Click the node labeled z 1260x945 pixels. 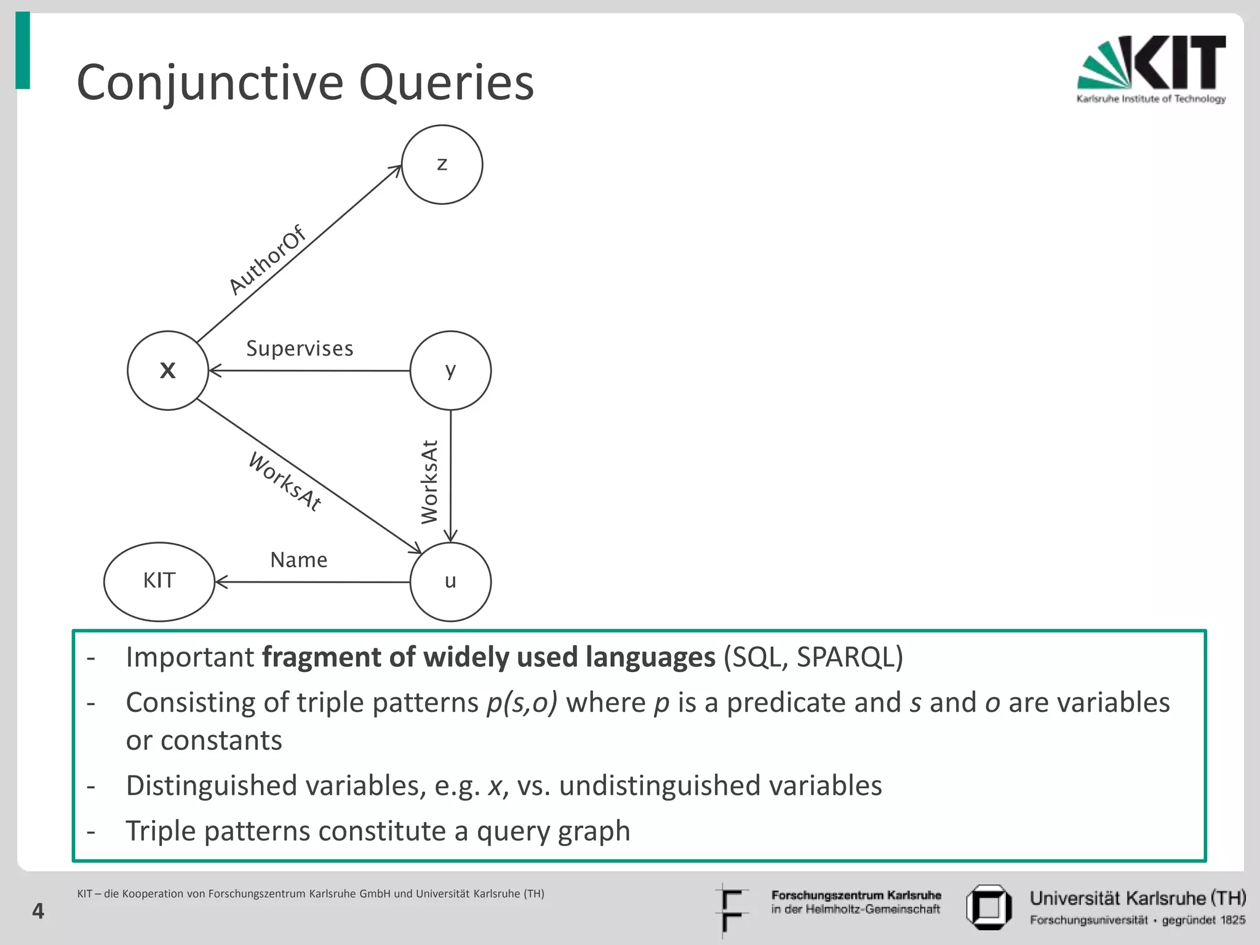pyautogui.click(x=442, y=164)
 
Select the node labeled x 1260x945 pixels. pyautogui.click(x=167, y=370)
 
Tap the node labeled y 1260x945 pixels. pyautogui.click(x=450, y=370)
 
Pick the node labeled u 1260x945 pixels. pyautogui.click(x=450, y=581)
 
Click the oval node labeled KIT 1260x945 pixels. pyautogui.click(x=159, y=581)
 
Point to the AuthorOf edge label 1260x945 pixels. pyautogui.click(x=267, y=260)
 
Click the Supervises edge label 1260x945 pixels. pyautogui.click(x=300, y=349)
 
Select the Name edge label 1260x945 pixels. pyautogui.click(x=298, y=560)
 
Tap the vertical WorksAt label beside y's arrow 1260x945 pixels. pyautogui.click(x=429, y=482)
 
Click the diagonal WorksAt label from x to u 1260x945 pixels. pyautogui.click(x=285, y=482)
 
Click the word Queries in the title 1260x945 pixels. pyautogui.click(x=446, y=83)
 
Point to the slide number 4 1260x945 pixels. pyautogui.click(x=38, y=911)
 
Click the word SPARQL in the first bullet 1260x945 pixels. pyautogui.click(x=845, y=657)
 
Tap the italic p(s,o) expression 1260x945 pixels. pyautogui.click(x=521, y=703)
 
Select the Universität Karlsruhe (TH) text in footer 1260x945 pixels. pyautogui.click(x=1137, y=898)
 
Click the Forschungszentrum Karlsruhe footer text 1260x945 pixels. pyautogui.click(x=856, y=895)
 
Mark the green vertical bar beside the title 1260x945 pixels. pyautogui.click(x=23, y=50)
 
